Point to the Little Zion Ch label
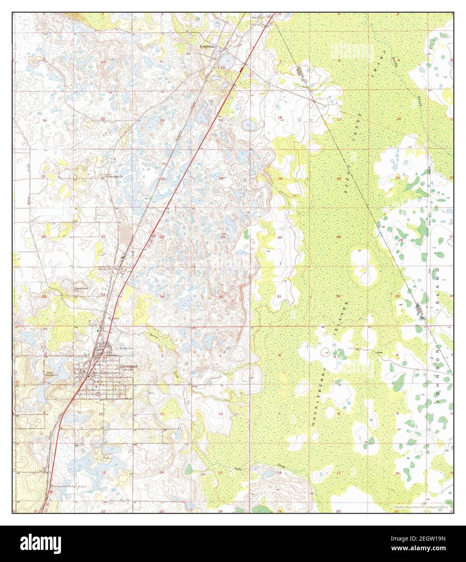[114, 177]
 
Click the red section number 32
[338, 297]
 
